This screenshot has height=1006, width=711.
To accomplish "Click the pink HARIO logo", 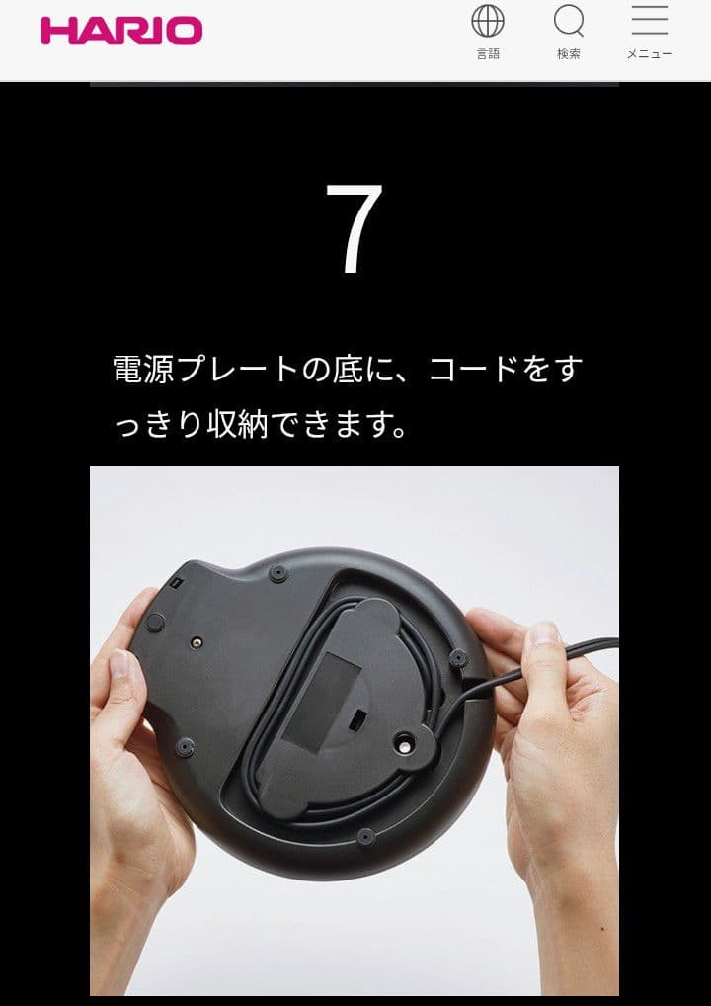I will point(121,31).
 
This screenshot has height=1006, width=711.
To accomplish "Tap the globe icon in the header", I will point(488,21).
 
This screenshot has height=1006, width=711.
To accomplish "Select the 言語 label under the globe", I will point(488,54).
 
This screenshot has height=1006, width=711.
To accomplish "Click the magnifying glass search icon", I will point(569,21).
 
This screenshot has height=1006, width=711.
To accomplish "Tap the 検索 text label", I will point(569,54).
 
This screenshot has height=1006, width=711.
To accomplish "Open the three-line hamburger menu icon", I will point(649,20).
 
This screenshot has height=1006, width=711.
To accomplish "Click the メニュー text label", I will point(649,54).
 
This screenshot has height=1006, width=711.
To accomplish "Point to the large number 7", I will point(354,229).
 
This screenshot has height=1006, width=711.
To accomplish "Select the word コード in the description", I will point(474,370).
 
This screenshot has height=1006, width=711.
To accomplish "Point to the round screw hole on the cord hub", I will point(404,738).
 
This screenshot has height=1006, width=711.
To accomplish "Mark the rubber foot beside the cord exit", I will point(457,656).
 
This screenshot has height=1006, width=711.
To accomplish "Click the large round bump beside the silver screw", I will point(155,622).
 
